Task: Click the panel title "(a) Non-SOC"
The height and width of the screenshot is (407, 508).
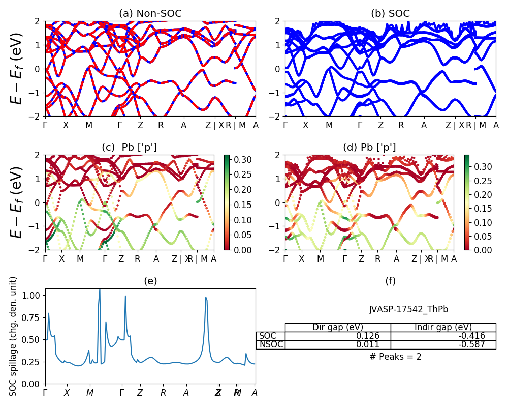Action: point(150,14)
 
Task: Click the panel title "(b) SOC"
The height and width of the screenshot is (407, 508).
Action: point(390,14)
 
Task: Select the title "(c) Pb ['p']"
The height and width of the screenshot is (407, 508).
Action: point(130,148)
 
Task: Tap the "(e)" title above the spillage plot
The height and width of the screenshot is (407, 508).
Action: point(150,281)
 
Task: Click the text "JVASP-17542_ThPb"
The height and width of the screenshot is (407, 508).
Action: point(408,309)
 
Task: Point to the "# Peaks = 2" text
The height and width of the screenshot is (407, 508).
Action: point(396,357)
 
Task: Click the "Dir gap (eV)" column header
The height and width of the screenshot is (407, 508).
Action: point(338,327)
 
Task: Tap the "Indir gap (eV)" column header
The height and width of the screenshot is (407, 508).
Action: point(443,327)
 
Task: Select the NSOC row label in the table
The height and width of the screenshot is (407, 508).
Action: point(270,344)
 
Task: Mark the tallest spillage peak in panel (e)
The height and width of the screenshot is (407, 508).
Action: point(100,289)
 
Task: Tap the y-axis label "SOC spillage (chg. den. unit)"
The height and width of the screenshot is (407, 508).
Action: point(14,336)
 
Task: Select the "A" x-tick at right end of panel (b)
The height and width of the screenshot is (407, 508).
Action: point(496,125)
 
